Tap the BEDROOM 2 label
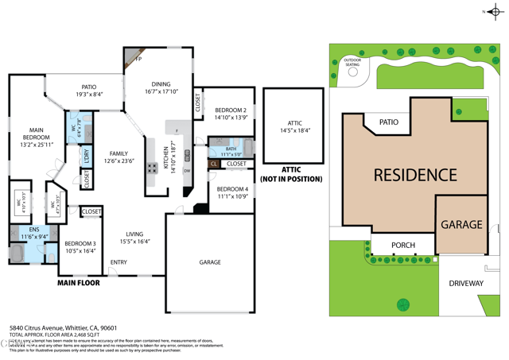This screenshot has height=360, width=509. click(x=231, y=110)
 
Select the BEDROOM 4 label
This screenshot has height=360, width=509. click(x=232, y=189)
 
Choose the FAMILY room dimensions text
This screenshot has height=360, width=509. click(x=119, y=161)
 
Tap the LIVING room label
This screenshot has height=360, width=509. click(x=134, y=234)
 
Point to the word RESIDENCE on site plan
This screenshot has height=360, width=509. click(x=415, y=175)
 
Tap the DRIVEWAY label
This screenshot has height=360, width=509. click(x=465, y=283)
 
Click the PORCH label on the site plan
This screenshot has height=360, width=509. click(x=402, y=245)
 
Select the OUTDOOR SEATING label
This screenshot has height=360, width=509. click(x=351, y=63)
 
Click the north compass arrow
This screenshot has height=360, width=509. click(x=492, y=11)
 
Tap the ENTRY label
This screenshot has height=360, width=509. click(x=119, y=262)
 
